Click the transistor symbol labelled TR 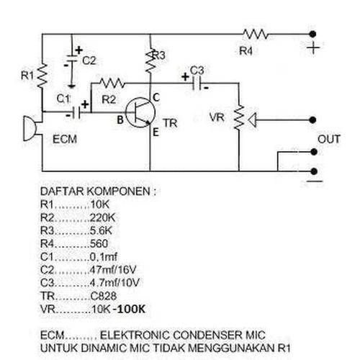pos(140,112)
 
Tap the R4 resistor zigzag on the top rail pos(256,35)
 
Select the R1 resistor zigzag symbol pos(42,76)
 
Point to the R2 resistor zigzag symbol pos(112,83)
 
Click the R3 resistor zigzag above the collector pos(150,61)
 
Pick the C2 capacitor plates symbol pos(71,59)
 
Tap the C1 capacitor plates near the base pos(77,112)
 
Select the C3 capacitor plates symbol pos(197,84)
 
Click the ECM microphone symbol pos(30,128)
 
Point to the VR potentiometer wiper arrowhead pos(253,120)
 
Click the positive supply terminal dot pos(312,35)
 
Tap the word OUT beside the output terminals pos(329,139)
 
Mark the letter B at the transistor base pos(120,120)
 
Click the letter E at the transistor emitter pos(156,132)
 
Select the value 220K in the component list pos(102,217)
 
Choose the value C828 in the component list pos(104,296)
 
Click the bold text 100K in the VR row pos(132,309)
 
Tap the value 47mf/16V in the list pos(113,270)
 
